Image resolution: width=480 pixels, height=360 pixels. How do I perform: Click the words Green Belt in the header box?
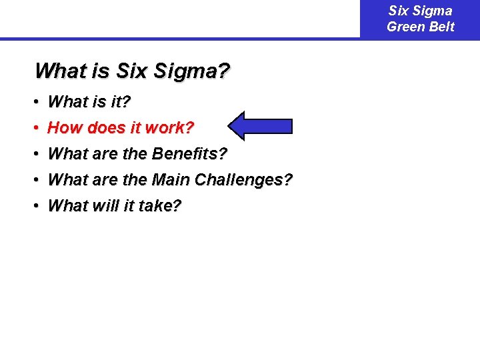[421, 27]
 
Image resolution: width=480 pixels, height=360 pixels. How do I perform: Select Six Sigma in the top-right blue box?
[421, 11]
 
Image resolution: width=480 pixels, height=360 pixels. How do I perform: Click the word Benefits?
[189, 154]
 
